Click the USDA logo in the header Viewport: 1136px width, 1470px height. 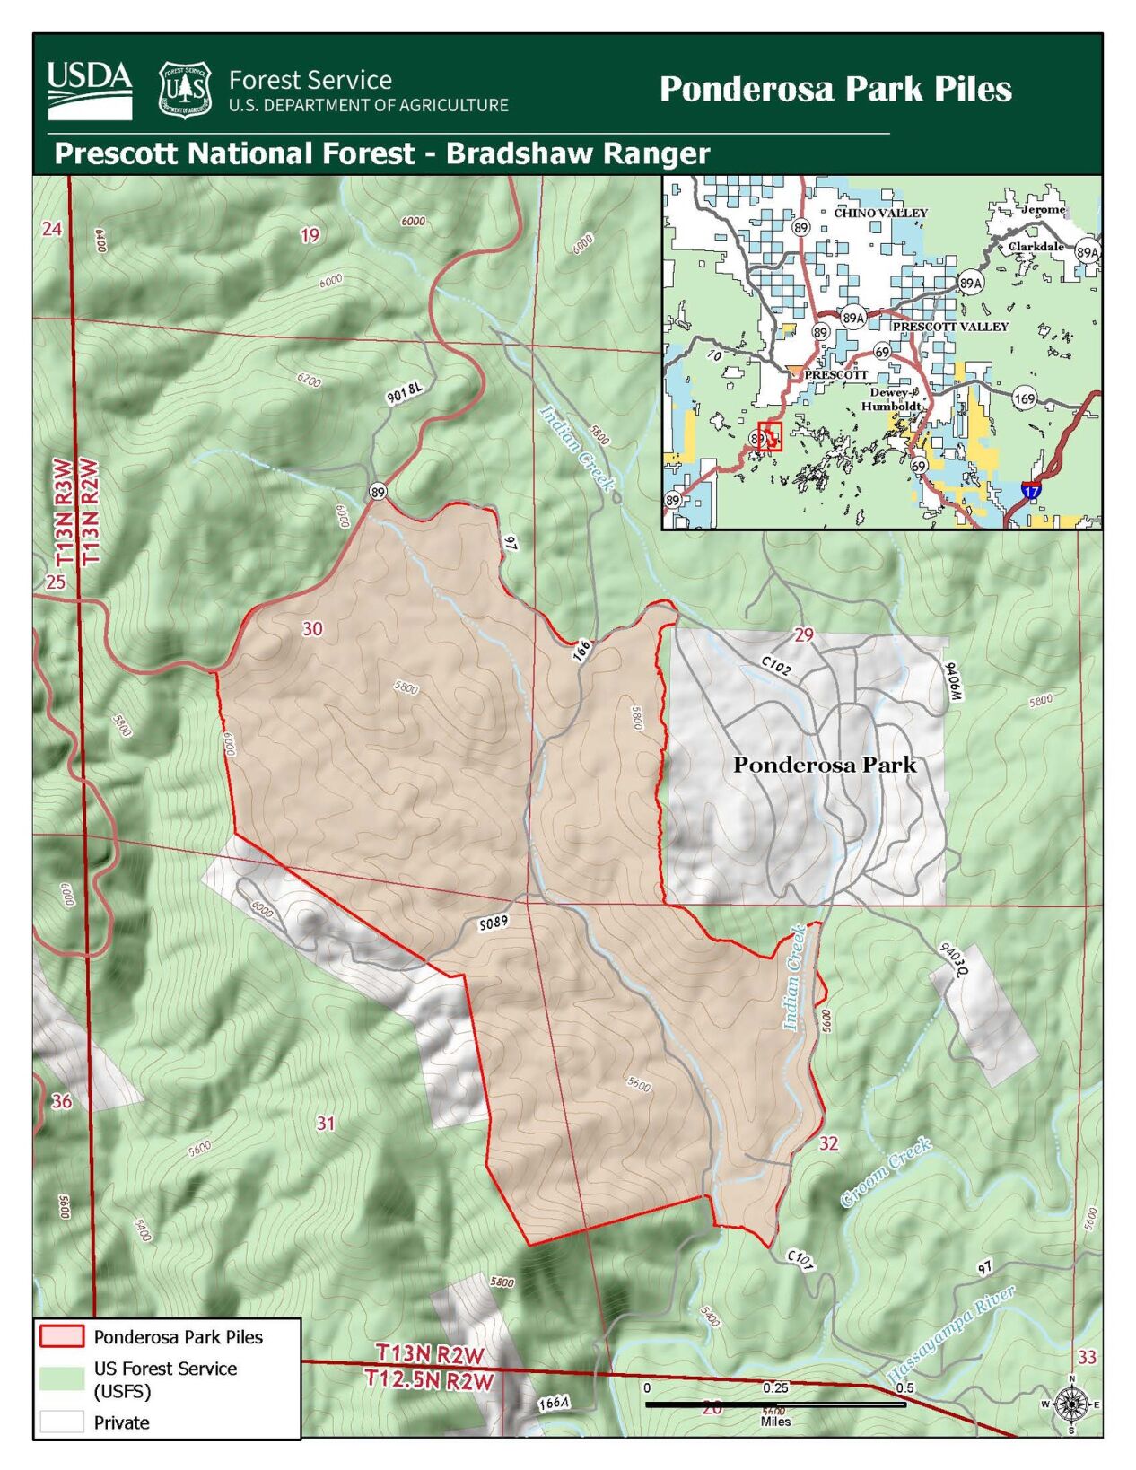pyautogui.click(x=89, y=89)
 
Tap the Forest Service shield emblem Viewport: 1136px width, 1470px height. pyautogui.click(x=185, y=89)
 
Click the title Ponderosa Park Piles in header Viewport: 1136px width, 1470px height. pyautogui.click(x=835, y=89)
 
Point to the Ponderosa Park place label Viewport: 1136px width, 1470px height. pyautogui.click(x=824, y=765)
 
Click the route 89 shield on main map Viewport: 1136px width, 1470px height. pyautogui.click(x=378, y=491)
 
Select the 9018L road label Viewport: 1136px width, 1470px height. pyautogui.click(x=405, y=393)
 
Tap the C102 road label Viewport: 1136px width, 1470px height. pyautogui.click(x=776, y=665)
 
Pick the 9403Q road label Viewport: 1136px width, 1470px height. pyautogui.click(x=954, y=960)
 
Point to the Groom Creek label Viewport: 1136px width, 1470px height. pyautogui.click(x=886, y=1172)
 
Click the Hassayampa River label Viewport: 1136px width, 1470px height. pyautogui.click(x=951, y=1334)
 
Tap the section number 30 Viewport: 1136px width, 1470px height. pyautogui.click(x=312, y=628)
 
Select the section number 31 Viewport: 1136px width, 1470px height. pyautogui.click(x=326, y=1123)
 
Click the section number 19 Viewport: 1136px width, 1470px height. pyautogui.click(x=310, y=235)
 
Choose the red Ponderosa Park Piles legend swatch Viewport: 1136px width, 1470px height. pyautogui.click(x=61, y=1336)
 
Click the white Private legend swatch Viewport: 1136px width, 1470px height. pyautogui.click(x=61, y=1422)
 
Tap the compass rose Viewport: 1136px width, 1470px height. pyautogui.click(x=1070, y=1404)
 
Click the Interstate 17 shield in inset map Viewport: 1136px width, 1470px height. pyautogui.click(x=1031, y=490)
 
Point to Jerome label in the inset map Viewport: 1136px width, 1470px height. pyautogui.click(x=1043, y=209)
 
